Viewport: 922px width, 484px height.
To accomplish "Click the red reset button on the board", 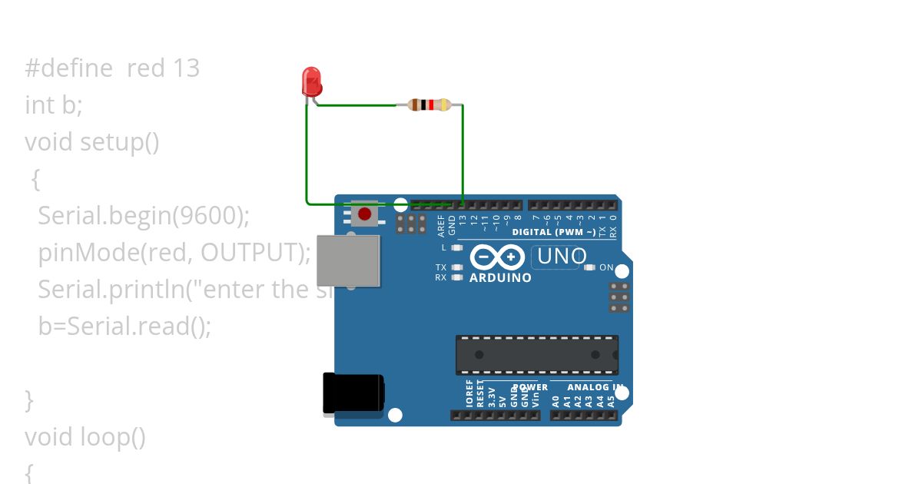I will tap(365, 213).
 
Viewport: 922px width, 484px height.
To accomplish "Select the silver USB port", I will tap(349, 260).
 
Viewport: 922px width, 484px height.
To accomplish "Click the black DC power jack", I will tap(353, 393).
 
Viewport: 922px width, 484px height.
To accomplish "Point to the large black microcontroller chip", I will tap(536, 354).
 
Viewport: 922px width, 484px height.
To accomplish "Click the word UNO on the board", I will tap(562, 256).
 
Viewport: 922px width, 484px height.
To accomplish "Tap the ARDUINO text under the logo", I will tap(500, 277).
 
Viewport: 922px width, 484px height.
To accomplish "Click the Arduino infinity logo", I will tap(498, 257).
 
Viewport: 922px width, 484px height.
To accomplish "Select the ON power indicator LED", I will tap(589, 267).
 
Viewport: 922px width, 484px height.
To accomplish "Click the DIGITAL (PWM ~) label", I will tap(553, 232).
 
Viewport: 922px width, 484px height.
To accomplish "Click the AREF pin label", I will tap(441, 224).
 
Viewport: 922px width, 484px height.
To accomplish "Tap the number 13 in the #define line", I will tap(186, 68).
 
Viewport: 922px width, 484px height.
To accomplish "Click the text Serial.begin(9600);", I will tap(144, 216).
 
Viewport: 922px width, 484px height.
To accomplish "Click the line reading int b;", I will tap(54, 105).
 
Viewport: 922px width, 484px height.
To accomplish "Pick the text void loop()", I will tap(85, 437).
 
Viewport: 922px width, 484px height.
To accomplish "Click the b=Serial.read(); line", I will tap(124, 327).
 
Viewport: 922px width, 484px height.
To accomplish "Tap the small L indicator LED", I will tap(457, 247).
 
